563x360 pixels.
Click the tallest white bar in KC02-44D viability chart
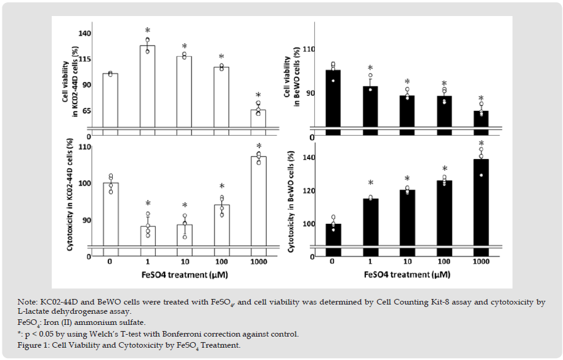pyautogui.click(x=147, y=86)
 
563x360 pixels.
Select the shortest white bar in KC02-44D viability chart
pyautogui.click(x=258, y=118)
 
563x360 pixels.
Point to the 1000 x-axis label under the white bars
pyautogui.click(x=258, y=261)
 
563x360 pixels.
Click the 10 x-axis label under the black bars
pyautogui.click(x=407, y=261)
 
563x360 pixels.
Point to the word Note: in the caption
pyautogui.click(x=29, y=301)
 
